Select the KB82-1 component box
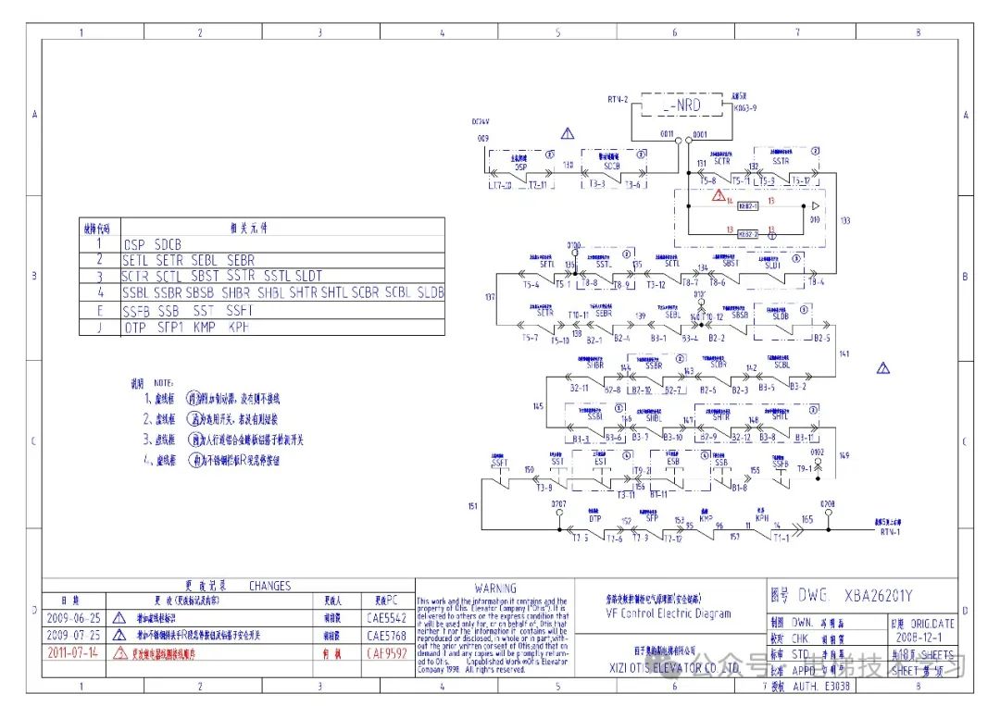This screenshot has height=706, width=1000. [748, 205]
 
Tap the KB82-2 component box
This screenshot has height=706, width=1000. [748, 235]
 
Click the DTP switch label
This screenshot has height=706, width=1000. [594, 519]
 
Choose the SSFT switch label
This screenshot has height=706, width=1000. [500, 461]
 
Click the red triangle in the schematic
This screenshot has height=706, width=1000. [719, 195]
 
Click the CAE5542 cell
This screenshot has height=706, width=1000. [386, 617]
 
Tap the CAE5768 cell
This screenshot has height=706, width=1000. [386, 636]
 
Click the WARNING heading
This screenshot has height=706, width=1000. [495, 588]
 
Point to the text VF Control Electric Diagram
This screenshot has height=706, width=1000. [668, 613]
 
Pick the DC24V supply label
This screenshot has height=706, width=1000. [480, 121]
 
